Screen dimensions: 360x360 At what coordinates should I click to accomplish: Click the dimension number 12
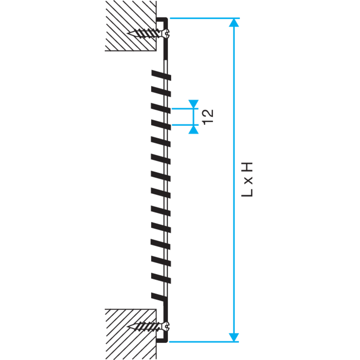[208, 117]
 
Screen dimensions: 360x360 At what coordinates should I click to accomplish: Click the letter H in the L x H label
[247, 167]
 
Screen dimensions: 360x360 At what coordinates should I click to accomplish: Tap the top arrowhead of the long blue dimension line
[234, 22]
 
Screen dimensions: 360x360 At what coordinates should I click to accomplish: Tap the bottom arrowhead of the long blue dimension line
[234, 337]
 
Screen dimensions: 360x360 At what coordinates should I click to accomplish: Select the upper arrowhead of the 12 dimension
[194, 104]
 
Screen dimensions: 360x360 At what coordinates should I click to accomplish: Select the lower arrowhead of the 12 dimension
[194, 130]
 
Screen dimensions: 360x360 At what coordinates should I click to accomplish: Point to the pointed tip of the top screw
[127, 33]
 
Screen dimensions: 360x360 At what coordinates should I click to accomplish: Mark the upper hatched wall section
[131, 26]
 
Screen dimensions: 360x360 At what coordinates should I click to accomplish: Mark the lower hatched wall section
[131, 334]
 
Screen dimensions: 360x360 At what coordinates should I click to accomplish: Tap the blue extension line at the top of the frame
[205, 18]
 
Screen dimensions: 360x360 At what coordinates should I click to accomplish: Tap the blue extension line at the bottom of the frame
[204, 342]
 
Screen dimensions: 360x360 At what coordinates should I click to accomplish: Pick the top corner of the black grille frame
[167, 18]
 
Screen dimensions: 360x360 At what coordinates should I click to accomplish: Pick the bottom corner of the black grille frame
[167, 342]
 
